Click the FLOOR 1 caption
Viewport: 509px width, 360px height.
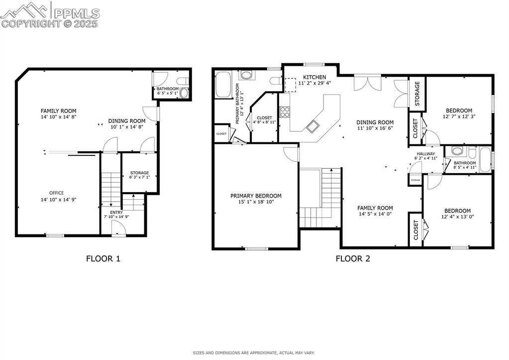tap(103, 258)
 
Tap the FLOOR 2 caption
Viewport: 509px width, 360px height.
tap(352, 258)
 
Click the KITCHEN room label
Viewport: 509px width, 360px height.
tap(314, 77)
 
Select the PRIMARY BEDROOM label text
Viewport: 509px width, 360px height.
tap(256, 196)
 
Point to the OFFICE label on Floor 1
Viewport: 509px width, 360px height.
tap(56, 193)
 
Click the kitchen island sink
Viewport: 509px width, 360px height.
tap(312, 126)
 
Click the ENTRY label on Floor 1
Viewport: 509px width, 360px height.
tap(109, 212)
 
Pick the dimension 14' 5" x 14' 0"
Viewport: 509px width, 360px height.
tap(375, 214)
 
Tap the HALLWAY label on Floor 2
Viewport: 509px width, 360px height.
tap(425, 154)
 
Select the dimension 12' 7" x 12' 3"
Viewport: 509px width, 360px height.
tap(459, 117)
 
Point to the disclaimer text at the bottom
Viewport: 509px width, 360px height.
tap(254, 353)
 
